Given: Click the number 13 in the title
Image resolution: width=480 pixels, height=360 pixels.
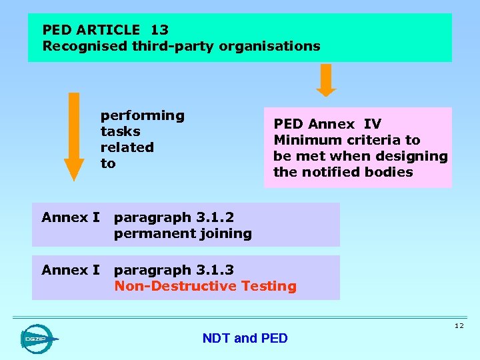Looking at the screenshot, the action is pos(159,30).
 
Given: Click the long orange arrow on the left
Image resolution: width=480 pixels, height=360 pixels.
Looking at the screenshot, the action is pos(74,136).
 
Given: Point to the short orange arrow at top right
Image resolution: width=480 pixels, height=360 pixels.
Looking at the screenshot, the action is pos(326,80).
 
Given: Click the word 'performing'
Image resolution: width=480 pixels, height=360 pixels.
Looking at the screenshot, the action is pos(142,116).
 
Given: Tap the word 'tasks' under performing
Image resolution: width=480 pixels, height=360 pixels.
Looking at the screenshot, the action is pos(120,131).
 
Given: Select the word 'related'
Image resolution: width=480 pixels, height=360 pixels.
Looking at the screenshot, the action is pos(127,147).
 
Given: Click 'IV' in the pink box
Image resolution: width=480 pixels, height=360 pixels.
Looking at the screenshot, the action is pos(372,124).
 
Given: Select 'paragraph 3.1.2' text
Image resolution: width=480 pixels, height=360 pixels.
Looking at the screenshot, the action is pos(174,217).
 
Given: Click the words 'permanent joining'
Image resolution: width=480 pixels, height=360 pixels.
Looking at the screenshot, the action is pos(183,233).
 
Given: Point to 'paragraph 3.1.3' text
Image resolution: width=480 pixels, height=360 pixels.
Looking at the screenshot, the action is pos(174,270).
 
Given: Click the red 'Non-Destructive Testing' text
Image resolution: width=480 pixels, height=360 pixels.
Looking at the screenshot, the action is pos(205,286).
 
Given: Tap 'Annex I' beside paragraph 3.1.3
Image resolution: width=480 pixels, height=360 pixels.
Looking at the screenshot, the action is pos(71,270).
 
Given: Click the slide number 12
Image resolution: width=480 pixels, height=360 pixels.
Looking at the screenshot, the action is pos(459,325).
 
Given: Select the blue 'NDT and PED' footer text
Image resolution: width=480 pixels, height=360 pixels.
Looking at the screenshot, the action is pos(245,339).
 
